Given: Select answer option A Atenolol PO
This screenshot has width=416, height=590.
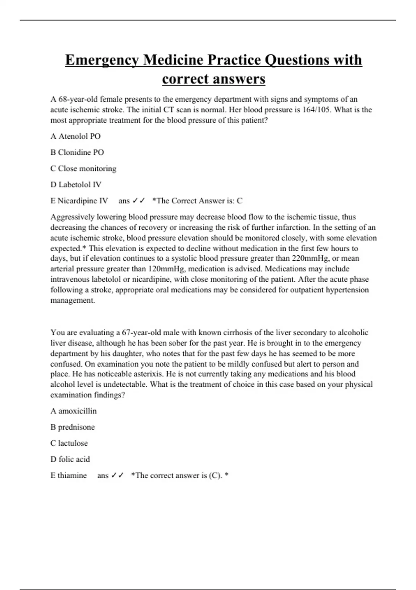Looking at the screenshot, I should [76, 136].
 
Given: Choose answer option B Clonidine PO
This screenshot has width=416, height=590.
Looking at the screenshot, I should [77, 152].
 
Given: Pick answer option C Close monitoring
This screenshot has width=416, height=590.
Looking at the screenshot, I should [83, 169].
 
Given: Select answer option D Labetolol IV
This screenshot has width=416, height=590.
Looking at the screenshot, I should [76, 185].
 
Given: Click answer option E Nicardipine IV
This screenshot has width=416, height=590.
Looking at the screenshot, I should [79, 201].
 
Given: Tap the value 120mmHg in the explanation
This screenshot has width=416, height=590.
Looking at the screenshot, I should [167, 269].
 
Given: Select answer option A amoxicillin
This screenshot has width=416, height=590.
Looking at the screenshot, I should [73, 411].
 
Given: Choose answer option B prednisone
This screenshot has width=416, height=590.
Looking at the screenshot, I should [72, 427].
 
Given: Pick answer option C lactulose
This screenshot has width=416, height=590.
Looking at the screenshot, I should [69, 443].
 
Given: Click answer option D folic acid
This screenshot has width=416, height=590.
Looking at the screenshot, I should [70, 460].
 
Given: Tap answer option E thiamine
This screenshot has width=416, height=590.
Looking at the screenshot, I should [69, 475].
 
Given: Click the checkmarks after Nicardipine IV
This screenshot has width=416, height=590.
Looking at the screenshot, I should [138, 201].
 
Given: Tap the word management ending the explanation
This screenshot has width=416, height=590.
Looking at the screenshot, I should [72, 301].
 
